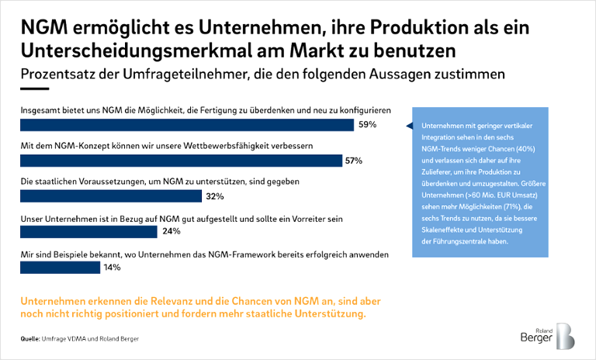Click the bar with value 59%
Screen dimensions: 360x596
click(x=186, y=125)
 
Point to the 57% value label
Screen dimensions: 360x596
click(x=354, y=161)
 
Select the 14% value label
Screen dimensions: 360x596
click(x=113, y=267)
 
